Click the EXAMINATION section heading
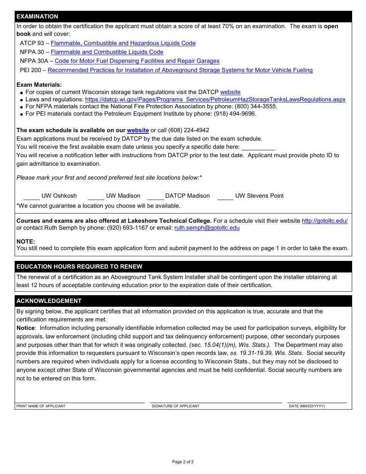[37, 17]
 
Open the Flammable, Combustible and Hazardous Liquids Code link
[123, 43]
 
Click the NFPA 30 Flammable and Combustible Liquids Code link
[107, 52]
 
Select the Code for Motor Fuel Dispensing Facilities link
[137, 61]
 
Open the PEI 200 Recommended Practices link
[180, 70]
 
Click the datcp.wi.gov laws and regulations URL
[215, 99]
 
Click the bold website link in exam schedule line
[138, 130]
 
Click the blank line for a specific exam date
[258, 147]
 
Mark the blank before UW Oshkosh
[32, 197]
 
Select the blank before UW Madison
[96, 197]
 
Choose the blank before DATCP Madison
[156, 197]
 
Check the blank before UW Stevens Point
[225, 197]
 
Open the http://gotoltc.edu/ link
[324, 221]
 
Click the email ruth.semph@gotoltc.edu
[207, 228]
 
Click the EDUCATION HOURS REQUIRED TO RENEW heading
[79, 267]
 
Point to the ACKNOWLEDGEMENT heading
[49, 301]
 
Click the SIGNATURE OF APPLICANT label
[176, 406]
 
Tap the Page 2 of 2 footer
[183, 462]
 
